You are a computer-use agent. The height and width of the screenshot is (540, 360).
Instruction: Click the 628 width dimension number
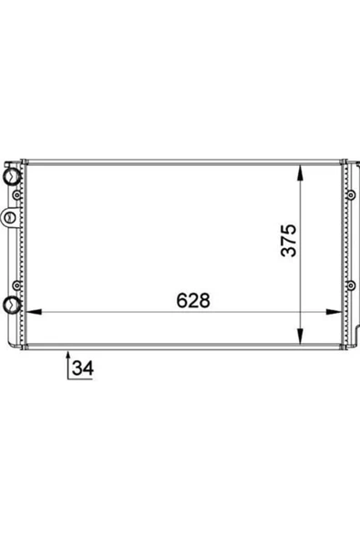click(x=193, y=300)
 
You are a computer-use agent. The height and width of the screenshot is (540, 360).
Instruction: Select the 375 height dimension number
click(x=288, y=241)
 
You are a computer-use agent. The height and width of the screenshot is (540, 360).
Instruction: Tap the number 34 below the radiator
click(x=83, y=368)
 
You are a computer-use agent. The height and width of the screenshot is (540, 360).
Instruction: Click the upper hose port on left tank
click(x=11, y=177)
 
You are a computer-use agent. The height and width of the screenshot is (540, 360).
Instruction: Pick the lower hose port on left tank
click(x=11, y=305)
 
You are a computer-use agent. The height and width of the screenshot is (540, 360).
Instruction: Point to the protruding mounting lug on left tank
click(x=9, y=217)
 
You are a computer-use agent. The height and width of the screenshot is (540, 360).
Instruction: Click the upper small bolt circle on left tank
click(x=16, y=195)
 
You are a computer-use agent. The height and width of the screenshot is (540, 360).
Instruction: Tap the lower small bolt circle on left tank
click(x=16, y=286)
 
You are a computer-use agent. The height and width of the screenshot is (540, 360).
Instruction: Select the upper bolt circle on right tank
click(x=351, y=195)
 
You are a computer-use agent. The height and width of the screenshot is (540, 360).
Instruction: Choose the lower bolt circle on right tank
click(x=351, y=286)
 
